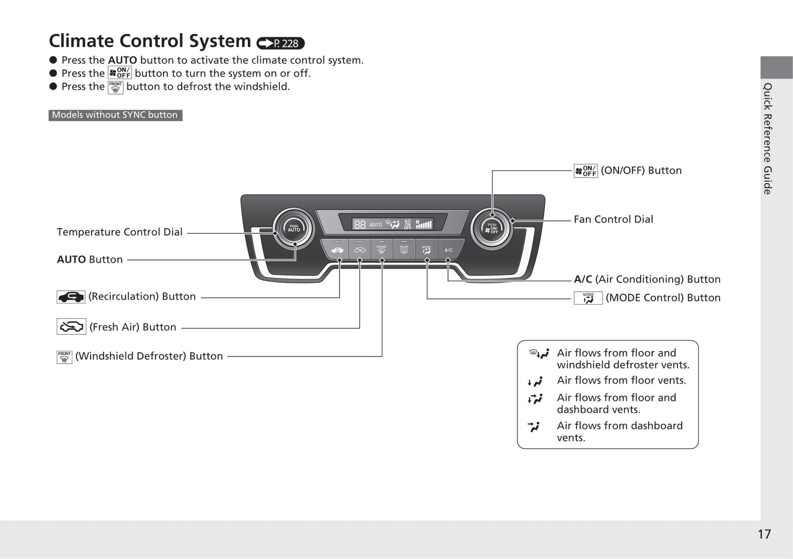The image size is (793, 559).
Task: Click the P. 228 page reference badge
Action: pos(280,43)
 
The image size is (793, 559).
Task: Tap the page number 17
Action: pos(764,534)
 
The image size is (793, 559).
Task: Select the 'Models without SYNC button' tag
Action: pos(115,115)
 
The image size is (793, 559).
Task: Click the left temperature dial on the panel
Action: pos(294,228)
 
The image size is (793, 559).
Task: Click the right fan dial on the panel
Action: pos(492,228)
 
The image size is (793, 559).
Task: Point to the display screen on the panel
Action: pos(392,223)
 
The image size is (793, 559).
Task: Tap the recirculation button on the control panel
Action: pos(337,250)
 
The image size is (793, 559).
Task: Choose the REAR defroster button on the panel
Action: pos(404,250)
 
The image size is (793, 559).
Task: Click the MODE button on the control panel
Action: pos(426,250)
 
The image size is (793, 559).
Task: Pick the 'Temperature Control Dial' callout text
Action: pos(120,232)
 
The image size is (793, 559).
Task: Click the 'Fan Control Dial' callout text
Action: pos(613,219)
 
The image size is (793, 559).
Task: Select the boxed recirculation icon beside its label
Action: pos(71,297)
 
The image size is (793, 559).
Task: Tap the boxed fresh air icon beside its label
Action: pos(71,327)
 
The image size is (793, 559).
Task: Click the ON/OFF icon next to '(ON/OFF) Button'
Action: pos(586,171)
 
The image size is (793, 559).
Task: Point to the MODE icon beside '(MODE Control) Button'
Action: pos(588,298)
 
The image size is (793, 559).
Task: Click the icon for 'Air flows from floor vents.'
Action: pos(535,381)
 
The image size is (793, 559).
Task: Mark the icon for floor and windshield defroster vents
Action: pos(538,354)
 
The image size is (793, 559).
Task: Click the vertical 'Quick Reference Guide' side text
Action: pos(768,138)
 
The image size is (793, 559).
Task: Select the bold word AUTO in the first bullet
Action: pos(122,60)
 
